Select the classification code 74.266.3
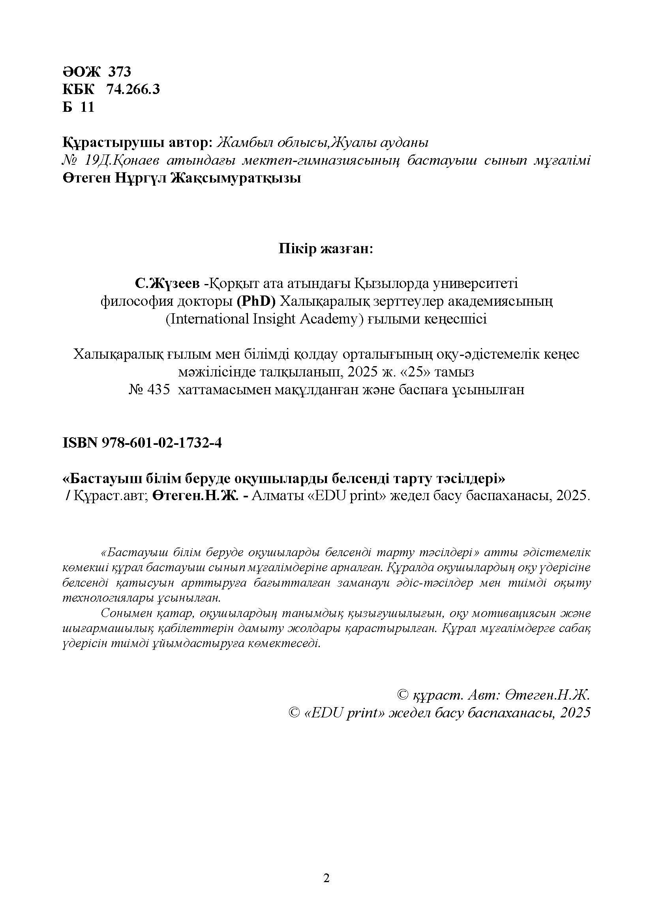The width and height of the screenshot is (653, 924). (133, 89)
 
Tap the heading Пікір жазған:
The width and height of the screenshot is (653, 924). (326, 249)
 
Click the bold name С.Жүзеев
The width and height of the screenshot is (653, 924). (167, 284)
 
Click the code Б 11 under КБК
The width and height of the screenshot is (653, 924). (79, 107)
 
